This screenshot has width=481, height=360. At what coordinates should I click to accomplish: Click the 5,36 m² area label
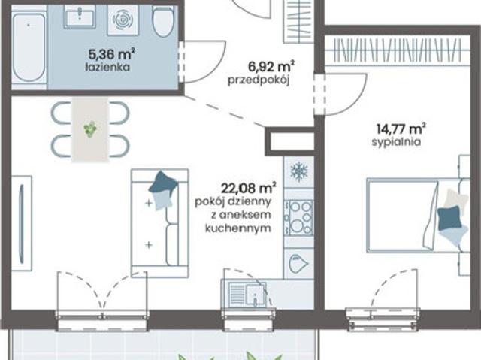point(112,55)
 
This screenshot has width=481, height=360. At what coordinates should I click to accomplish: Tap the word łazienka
point(107,67)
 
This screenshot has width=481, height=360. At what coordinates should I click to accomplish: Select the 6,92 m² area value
point(271,66)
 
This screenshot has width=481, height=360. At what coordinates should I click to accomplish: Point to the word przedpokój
point(259,80)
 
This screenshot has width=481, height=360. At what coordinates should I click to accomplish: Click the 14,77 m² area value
point(401,129)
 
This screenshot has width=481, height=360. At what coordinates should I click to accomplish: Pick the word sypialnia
point(396,142)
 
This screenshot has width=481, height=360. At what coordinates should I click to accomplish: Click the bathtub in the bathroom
point(29,48)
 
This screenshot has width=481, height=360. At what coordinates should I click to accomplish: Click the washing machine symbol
point(123,20)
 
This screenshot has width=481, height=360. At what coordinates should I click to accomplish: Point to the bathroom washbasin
point(80,17)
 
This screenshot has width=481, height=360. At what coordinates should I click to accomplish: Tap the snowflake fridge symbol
point(299,171)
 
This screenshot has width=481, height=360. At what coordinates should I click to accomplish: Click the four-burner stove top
point(299,217)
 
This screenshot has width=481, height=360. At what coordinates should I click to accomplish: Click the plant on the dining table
point(90,129)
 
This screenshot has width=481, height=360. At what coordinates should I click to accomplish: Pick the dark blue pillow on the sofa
point(163,182)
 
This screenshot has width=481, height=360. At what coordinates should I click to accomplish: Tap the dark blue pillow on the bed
point(449,219)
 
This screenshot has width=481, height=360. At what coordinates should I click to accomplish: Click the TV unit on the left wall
point(22,223)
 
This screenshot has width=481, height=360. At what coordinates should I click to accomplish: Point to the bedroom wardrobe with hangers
point(398,50)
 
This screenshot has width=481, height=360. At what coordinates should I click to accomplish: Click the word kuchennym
point(238,228)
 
